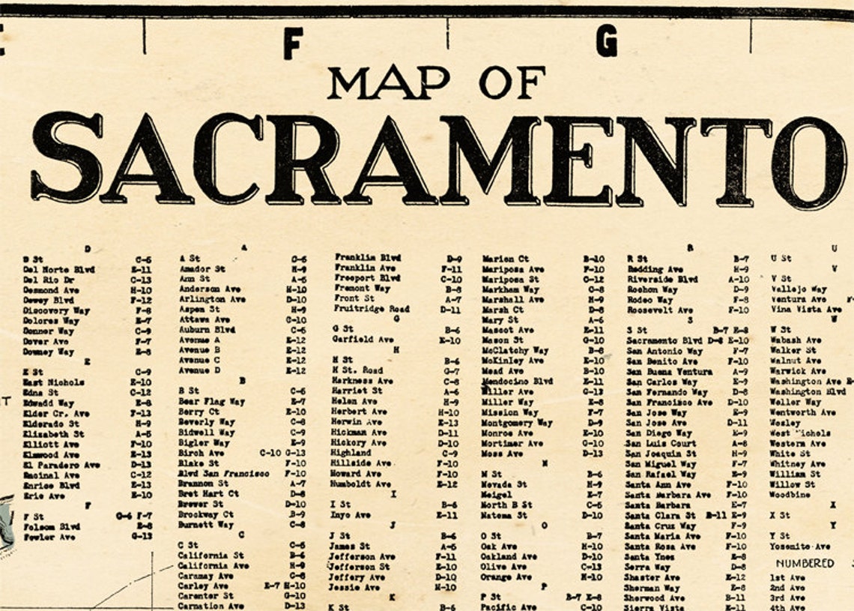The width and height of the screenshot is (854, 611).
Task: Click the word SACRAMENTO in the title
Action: click(437, 160)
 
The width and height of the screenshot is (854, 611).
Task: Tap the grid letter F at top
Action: click(293, 43)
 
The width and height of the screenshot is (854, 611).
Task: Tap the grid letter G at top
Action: click(606, 40)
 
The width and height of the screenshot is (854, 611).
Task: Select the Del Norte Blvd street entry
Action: click(59, 269)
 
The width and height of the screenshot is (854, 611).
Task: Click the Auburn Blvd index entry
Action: click(207, 329)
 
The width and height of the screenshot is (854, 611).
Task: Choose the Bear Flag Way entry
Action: click(212, 401)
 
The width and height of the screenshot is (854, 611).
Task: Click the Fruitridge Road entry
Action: click(372, 308)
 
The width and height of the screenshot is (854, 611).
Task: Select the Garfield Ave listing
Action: click(363, 339)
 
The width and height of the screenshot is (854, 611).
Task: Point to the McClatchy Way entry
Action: click(515, 350)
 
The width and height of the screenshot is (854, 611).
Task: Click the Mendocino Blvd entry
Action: click(517, 381)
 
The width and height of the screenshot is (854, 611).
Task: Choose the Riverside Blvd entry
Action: click(662, 279)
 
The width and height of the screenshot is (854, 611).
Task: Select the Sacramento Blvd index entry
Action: click(664, 340)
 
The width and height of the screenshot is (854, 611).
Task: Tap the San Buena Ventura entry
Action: click(670, 371)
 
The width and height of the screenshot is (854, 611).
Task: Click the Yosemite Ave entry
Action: click(800, 547)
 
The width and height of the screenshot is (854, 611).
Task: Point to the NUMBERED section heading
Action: click(805, 563)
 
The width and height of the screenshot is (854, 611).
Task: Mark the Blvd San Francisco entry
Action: click(223, 474)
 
